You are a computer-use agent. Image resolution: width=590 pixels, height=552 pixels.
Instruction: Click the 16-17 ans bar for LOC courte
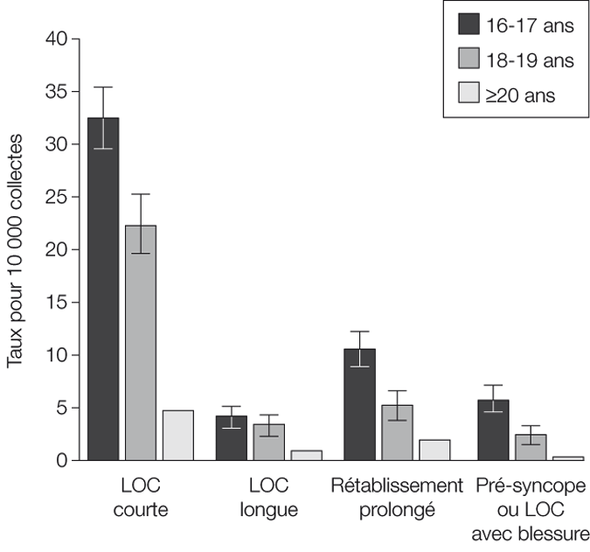click(x=103, y=289)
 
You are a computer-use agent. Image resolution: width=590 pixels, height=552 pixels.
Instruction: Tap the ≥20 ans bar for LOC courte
click(x=177, y=435)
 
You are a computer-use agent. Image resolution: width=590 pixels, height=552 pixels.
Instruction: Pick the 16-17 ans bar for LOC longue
click(x=232, y=438)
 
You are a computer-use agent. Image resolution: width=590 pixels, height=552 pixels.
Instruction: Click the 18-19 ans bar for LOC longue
click(x=268, y=442)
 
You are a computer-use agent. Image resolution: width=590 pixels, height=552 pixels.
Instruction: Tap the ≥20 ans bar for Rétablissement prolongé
click(x=434, y=450)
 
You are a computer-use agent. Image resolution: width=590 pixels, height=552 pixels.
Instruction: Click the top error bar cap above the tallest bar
click(x=103, y=87)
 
